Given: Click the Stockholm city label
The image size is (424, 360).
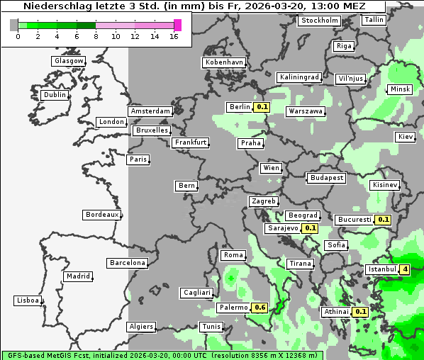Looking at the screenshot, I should [x=318, y=21].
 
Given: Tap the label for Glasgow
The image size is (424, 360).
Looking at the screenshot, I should [x=68, y=61].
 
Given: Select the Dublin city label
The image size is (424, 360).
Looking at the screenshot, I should [x=54, y=95].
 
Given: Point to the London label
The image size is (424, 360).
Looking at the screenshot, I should [x=111, y=122].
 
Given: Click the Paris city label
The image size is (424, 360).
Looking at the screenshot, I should [x=138, y=159].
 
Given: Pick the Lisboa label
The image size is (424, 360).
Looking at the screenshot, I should [x=28, y=300].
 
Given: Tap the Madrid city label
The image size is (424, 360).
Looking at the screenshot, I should [x=77, y=276].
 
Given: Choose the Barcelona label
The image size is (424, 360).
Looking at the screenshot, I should [x=128, y=263].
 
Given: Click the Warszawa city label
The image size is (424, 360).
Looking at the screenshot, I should [x=306, y=111].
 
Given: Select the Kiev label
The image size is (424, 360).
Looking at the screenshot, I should [x=406, y=136].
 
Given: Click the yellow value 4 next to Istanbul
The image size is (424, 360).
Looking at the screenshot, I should [x=404, y=269].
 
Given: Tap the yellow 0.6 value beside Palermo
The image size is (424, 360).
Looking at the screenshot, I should [x=260, y=308].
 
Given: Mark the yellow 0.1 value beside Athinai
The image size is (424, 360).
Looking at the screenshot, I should [x=360, y=312].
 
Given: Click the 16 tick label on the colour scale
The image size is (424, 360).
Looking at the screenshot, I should [x=174, y=35].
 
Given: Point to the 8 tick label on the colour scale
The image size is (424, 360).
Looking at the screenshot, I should [x=96, y=35].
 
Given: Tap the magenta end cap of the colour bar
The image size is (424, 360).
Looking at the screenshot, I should [x=178, y=25].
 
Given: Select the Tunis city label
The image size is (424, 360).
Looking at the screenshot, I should [x=211, y=327].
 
